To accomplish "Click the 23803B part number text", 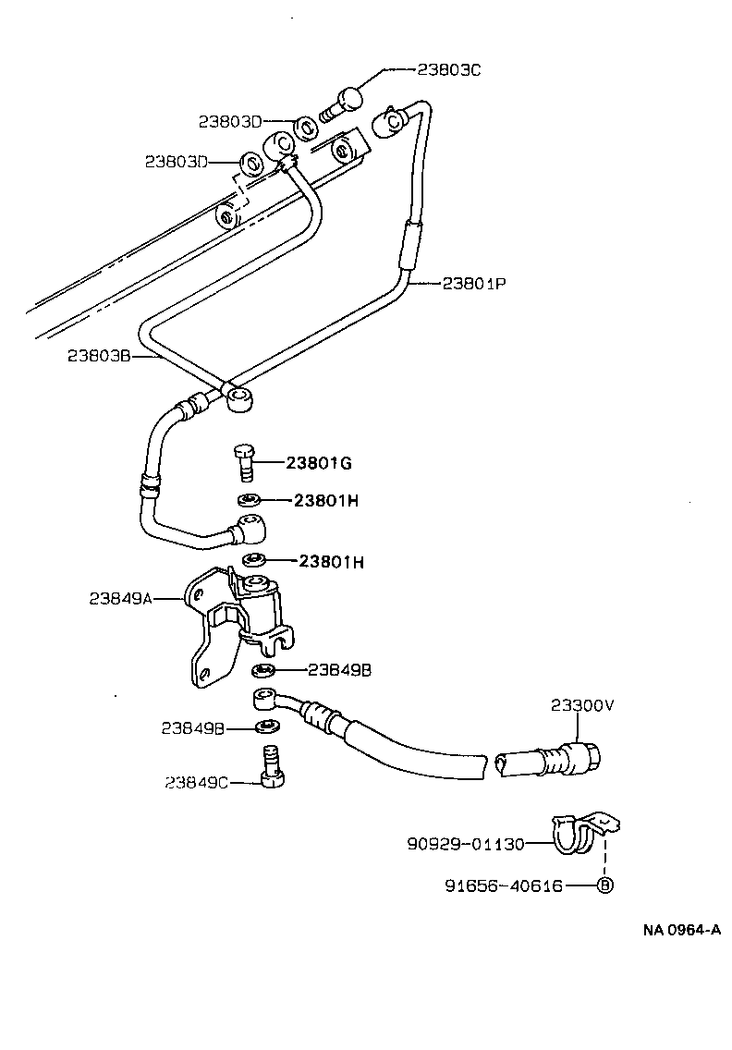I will tap(99, 355).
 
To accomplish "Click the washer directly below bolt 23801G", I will tap(247, 500).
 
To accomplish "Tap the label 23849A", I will tap(121, 598).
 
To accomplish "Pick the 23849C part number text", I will tap(197, 783).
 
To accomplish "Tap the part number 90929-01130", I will tap(466, 843).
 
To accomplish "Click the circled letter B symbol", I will tap(604, 885).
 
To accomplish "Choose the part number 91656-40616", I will tap(504, 885).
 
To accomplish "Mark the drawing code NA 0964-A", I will tap(682, 930).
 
